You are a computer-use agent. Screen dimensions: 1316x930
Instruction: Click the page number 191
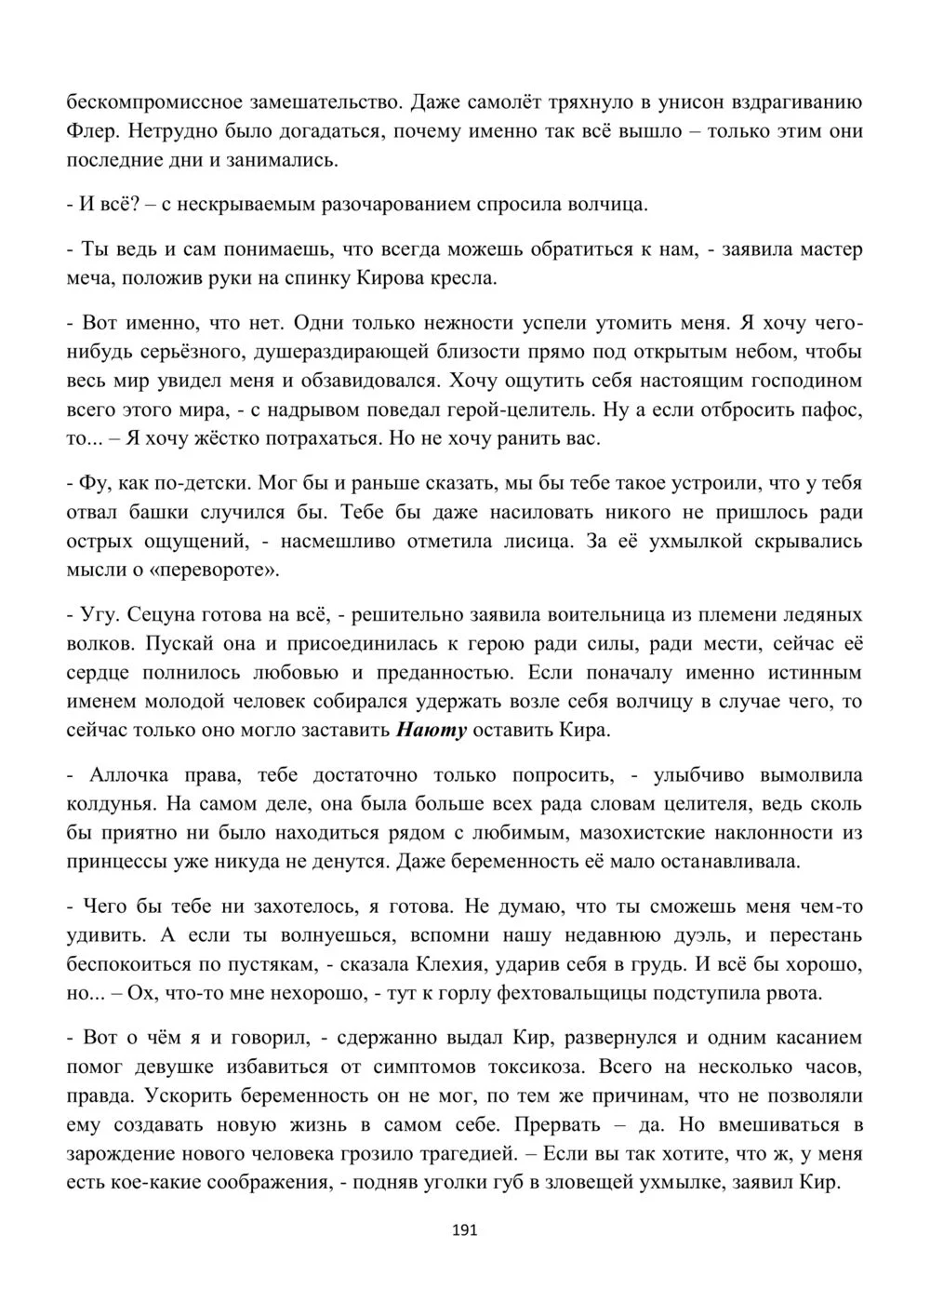[x=464, y=1230]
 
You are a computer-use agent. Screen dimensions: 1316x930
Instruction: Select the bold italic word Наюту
[x=432, y=730]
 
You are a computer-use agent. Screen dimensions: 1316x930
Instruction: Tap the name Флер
[x=89, y=130]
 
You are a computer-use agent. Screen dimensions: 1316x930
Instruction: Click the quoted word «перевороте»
[x=224, y=570]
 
